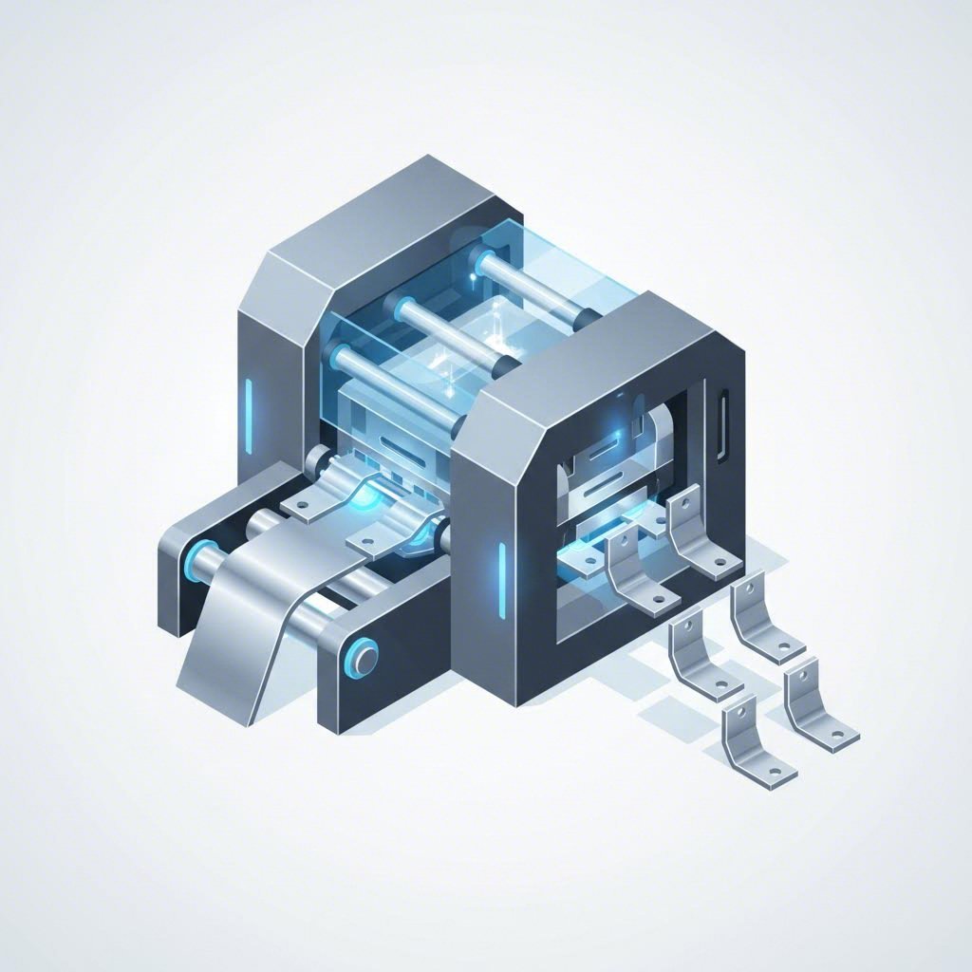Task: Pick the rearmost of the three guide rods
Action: click(532, 285)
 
